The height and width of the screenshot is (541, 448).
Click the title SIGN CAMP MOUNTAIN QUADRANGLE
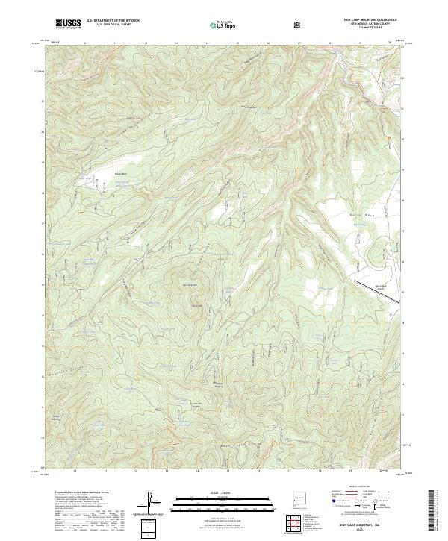[x=370, y=21]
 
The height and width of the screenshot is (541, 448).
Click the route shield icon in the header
[x=299, y=24]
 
